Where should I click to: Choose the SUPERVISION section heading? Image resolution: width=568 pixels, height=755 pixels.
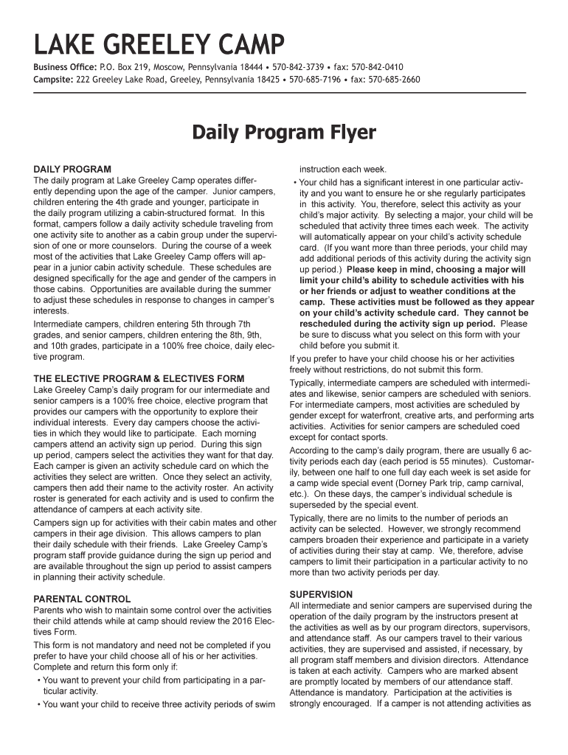point(321,594)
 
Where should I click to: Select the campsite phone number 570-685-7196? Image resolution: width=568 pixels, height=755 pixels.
point(315,79)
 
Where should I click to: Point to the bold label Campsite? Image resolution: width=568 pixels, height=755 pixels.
point(52,79)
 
